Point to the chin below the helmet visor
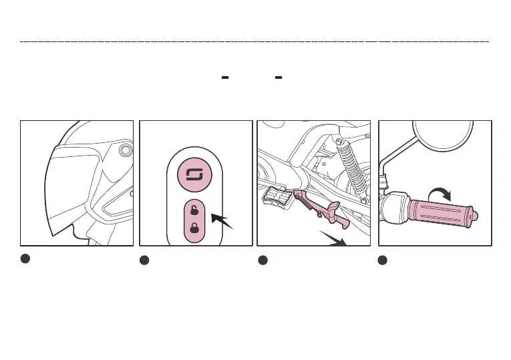click(x=79, y=234)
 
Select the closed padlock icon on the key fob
click(x=194, y=227)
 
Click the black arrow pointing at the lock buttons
click(x=222, y=220)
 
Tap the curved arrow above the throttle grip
click(x=438, y=192)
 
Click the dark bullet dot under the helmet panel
click(x=25, y=259)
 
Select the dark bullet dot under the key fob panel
click(x=144, y=260)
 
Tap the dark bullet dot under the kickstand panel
click(x=263, y=260)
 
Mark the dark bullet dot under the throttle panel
click(x=383, y=260)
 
